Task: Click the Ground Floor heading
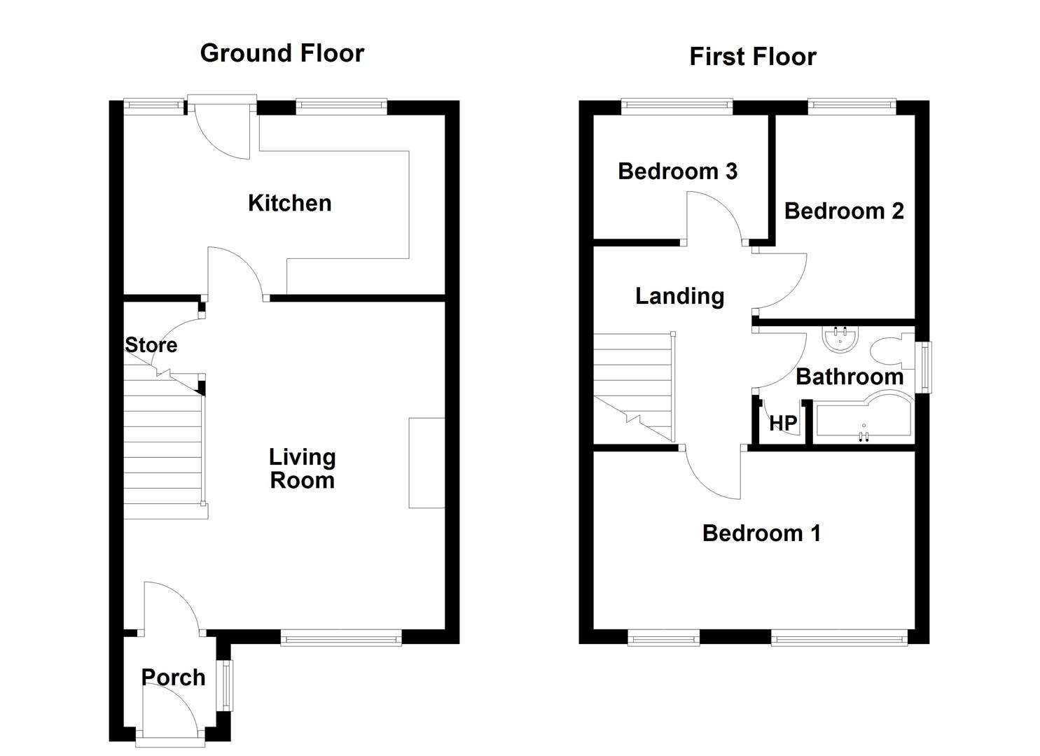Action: pyautogui.click(x=282, y=53)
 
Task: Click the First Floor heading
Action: pyautogui.click(x=753, y=57)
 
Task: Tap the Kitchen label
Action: pyautogui.click(x=290, y=203)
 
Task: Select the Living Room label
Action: pyautogui.click(x=303, y=469)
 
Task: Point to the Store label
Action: pyautogui.click(x=151, y=345)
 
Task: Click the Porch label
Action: pyautogui.click(x=173, y=678)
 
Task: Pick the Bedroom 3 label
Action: pyautogui.click(x=677, y=171)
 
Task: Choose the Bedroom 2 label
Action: pyautogui.click(x=844, y=211)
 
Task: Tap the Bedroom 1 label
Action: pyautogui.click(x=761, y=533)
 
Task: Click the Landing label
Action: pyautogui.click(x=680, y=297)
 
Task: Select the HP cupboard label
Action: pyautogui.click(x=783, y=423)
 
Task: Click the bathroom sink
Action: pyautogui.click(x=840, y=340)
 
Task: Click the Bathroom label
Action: pyautogui.click(x=850, y=377)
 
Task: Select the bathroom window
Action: pyautogui.click(x=925, y=367)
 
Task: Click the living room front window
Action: pyautogui.click(x=341, y=638)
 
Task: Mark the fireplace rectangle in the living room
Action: pyautogui.click(x=427, y=463)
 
